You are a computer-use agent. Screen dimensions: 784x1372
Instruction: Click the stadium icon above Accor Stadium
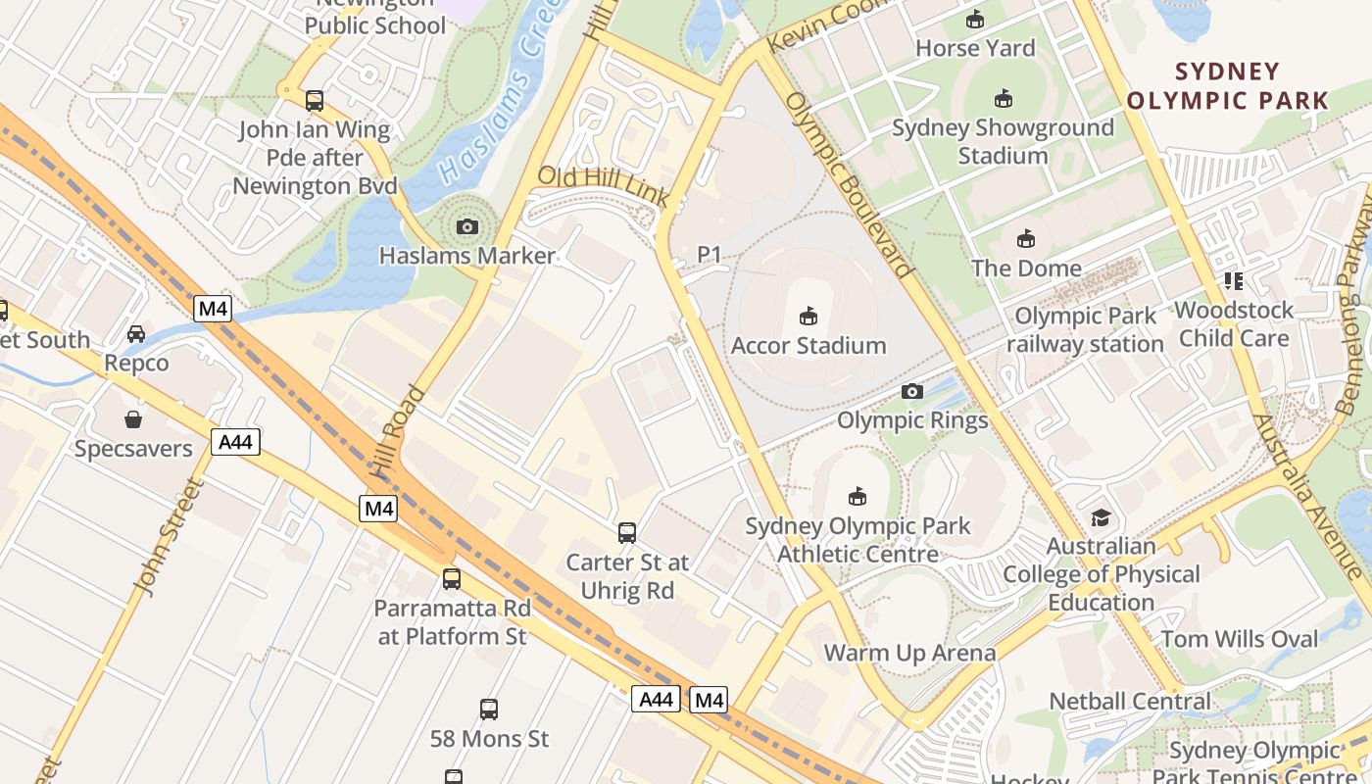(x=808, y=316)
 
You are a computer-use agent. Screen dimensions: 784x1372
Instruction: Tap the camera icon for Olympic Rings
(x=912, y=392)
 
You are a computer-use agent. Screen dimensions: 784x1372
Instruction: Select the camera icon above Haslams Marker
(x=467, y=227)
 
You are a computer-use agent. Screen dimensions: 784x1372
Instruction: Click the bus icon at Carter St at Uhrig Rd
(x=627, y=533)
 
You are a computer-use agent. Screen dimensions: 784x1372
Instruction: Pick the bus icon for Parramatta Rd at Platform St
(x=452, y=578)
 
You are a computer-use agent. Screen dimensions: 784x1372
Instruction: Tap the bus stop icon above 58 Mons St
(x=489, y=709)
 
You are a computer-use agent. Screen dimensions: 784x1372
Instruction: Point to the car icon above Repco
(x=136, y=334)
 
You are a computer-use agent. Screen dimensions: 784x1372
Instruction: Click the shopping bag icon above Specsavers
(x=133, y=419)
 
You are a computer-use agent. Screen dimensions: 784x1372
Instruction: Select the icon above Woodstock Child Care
(x=1234, y=281)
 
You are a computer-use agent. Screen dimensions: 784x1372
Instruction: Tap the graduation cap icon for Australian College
(x=1102, y=516)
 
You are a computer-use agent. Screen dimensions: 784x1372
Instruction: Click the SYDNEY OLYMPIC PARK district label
(x=1228, y=85)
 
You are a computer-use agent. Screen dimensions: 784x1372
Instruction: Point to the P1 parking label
(x=709, y=255)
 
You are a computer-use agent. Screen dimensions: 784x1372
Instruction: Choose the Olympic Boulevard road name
(x=850, y=186)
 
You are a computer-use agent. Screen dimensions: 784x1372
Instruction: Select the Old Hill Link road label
(x=604, y=186)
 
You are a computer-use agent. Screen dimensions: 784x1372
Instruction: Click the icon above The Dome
(x=1026, y=238)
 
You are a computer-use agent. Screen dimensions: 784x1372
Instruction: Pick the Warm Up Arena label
(x=909, y=653)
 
